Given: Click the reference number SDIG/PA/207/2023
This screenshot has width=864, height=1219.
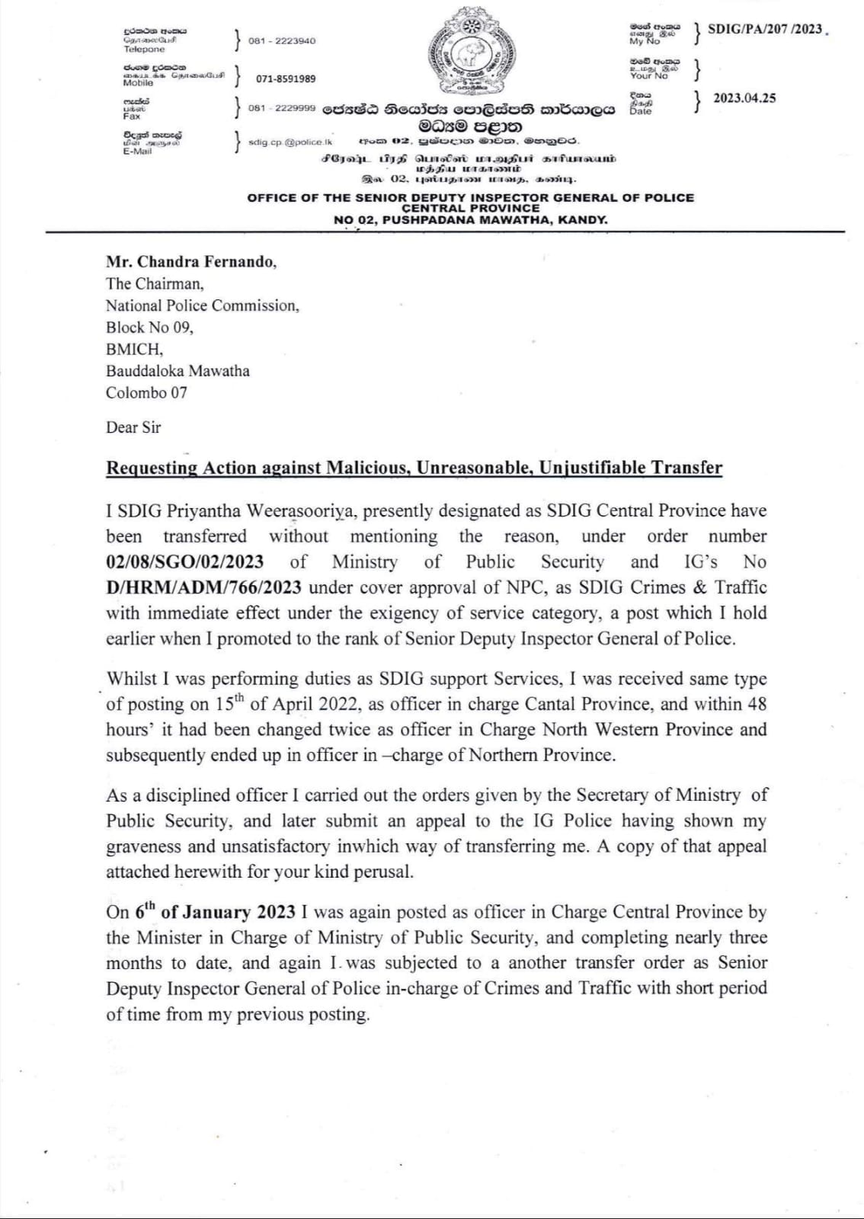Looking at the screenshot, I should (765, 29).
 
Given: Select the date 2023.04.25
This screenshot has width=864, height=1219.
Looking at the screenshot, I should (744, 98).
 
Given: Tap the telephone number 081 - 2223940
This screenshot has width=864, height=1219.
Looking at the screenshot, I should (282, 40).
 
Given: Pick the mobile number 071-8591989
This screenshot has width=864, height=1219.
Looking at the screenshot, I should (286, 78).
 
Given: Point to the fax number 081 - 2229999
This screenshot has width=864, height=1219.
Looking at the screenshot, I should (282, 108).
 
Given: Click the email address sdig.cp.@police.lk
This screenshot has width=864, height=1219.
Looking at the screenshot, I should (290, 142).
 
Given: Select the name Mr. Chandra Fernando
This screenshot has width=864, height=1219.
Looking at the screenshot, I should (190, 262).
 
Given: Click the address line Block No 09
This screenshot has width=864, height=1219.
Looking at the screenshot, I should (149, 328).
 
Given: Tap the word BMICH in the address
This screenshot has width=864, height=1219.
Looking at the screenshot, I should (133, 349).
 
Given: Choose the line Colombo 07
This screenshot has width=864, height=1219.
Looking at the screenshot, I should (146, 393).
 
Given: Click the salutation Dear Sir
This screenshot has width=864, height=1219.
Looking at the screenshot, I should (133, 427).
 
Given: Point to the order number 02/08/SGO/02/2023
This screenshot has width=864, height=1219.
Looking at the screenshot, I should (185, 562).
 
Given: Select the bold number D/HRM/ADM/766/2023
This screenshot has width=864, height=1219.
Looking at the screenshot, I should (203, 587).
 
